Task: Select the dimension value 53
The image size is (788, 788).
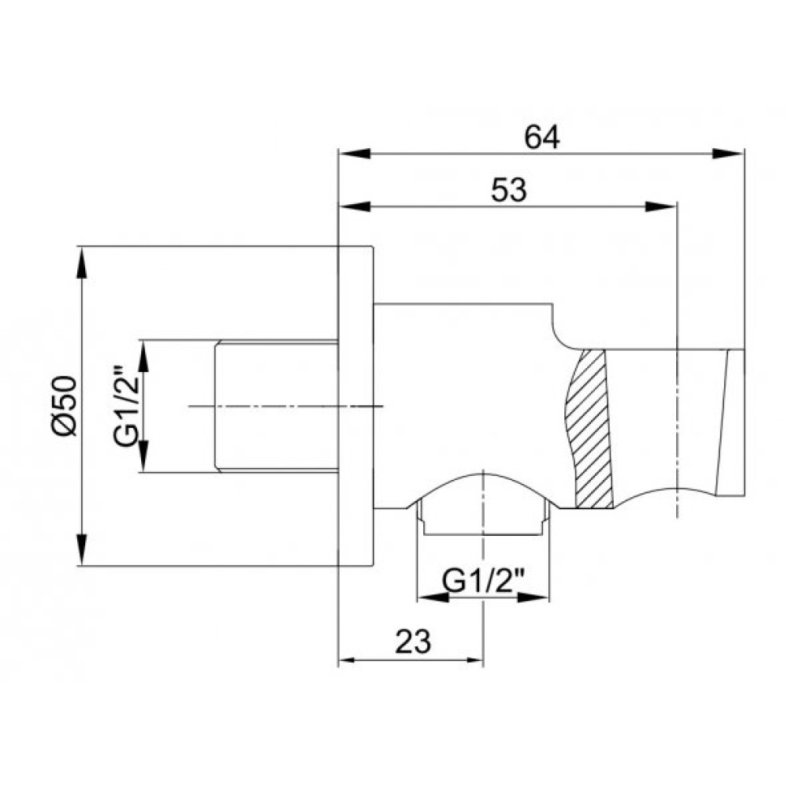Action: [508, 190]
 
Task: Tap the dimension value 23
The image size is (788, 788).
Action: [413, 641]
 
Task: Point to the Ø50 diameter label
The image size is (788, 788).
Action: [65, 406]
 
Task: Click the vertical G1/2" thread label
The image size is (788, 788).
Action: [126, 406]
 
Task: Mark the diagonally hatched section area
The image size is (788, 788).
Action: [589, 429]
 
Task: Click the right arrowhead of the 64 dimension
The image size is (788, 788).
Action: [728, 154]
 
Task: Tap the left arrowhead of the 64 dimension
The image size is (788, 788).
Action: [355, 154]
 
